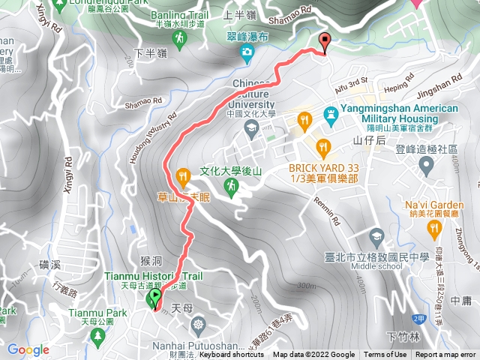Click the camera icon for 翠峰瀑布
(247, 51)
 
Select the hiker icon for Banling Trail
(180, 37)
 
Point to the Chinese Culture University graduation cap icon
(251, 130)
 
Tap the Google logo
(28, 349)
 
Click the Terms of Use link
(385, 355)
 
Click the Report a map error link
(445, 355)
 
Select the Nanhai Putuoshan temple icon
(198, 325)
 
